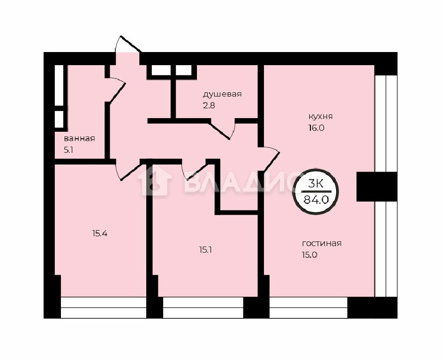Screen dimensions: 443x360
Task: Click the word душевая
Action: pyautogui.click(x=222, y=94)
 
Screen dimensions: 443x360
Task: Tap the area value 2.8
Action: pyautogui.click(x=209, y=105)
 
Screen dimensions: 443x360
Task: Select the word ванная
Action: pyautogui.click(x=79, y=139)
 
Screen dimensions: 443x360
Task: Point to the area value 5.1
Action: pyautogui.click(x=68, y=150)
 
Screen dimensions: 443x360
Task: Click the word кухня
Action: pyautogui.click(x=320, y=117)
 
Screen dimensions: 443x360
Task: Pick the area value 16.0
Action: pyautogui.click(x=316, y=128)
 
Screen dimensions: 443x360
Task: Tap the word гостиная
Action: pyautogui.click(x=322, y=244)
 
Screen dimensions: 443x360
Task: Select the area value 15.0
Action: pyautogui.click(x=310, y=255)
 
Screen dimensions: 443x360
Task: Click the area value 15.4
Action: pyautogui.click(x=100, y=233)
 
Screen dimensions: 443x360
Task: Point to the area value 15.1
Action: pyautogui.click(x=206, y=250)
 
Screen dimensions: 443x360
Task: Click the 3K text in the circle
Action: pyautogui.click(x=315, y=184)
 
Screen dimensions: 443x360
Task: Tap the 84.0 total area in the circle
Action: pyautogui.click(x=316, y=200)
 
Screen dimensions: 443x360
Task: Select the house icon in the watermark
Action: pyautogui.click(x=155, y=181)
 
